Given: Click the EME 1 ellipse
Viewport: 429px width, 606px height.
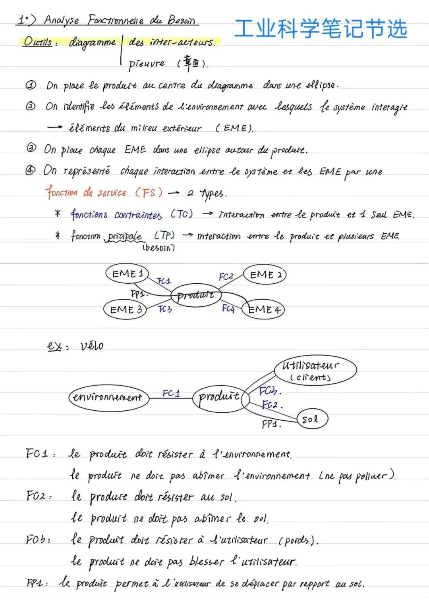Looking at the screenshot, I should pos(127,273).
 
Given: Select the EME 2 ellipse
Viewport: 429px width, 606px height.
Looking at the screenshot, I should pos(265,275).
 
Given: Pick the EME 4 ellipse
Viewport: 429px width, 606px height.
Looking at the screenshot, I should pos(263,310).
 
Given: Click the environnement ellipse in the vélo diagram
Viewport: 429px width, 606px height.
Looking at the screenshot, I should pos(108,397).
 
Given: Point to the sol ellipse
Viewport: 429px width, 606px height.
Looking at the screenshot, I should pos(312,419).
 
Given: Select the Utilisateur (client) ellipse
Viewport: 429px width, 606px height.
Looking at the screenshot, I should pos(315,370).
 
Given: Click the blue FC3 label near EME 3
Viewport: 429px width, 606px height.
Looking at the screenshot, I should pos(165,309).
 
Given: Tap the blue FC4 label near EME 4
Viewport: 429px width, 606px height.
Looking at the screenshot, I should pos(228,308).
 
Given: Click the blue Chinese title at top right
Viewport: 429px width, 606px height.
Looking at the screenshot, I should pos(321,29).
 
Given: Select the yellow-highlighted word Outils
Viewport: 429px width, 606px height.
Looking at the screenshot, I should pos(38,41).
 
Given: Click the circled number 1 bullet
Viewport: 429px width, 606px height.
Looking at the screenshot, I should pos(31,85).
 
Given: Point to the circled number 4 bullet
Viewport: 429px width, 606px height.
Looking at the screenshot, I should pos(31,171).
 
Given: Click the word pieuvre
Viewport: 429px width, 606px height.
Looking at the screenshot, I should pos(147,63).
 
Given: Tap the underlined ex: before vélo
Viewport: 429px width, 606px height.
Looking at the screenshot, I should pos(56,346).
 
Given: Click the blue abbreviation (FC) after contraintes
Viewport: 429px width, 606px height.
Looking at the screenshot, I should pos(182,214).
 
